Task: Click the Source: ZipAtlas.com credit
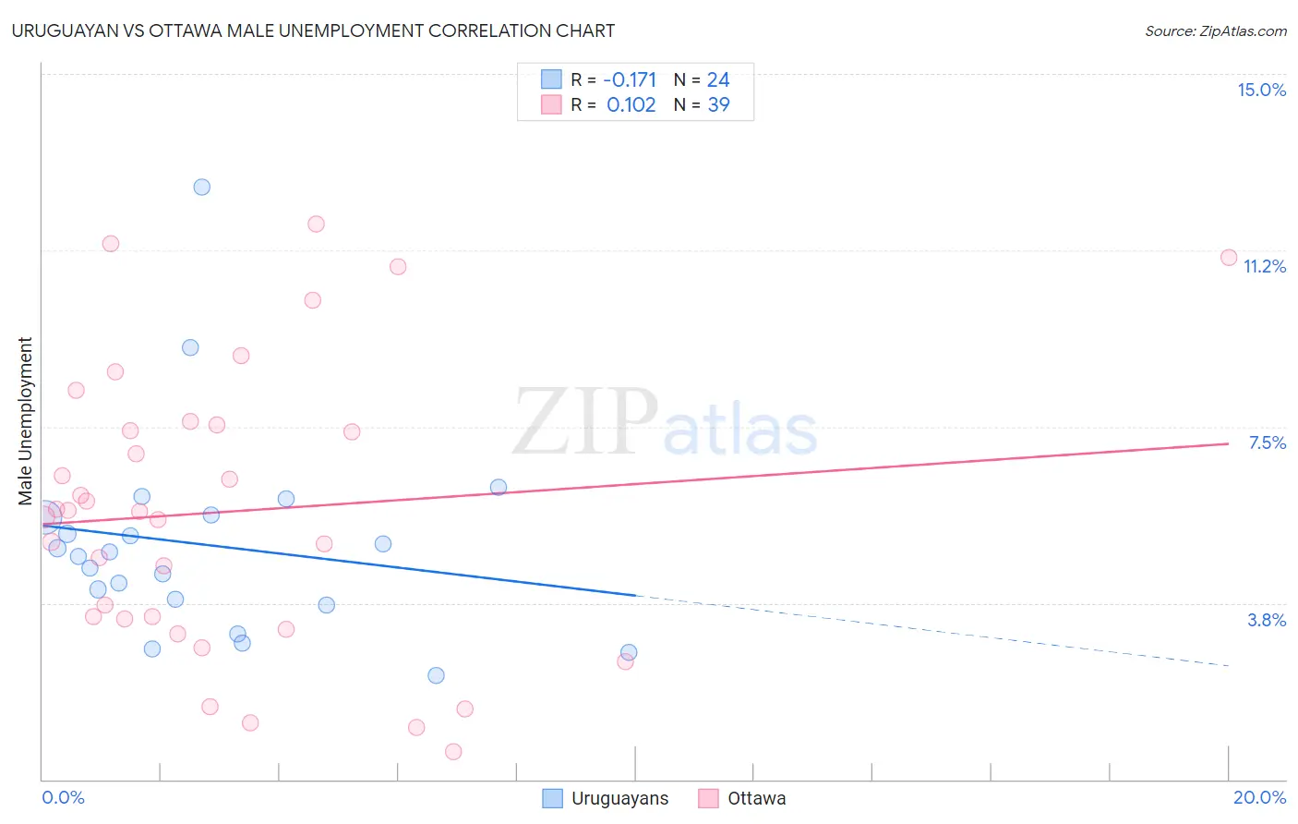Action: [1215, 31]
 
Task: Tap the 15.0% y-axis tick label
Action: [1261, 90]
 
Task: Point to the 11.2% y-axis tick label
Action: [1264, 266]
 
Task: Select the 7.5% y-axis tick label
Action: [1267, 442]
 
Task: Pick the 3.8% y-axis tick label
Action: [1267, 620]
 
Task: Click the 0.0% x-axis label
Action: [63, 797]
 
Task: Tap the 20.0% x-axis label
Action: [1259, 797]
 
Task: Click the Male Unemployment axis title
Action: [25, 421]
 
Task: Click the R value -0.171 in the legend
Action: [631, 80]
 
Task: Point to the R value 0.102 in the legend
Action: [631, 105]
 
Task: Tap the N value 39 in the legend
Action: [718, 105]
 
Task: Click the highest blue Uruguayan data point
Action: [201, 187]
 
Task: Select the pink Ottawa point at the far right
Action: [1229, 258]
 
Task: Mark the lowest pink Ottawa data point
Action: [453, 751]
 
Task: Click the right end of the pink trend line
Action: [1228, 443]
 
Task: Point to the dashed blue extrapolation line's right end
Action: [1228, 665]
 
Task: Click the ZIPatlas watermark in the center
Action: [665, 423]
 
